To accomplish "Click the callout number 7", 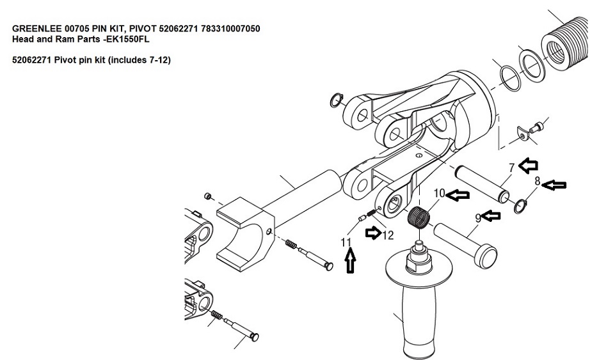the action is coord(511,168).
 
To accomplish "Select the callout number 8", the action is coord(538,182).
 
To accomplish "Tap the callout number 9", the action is coord(478,218).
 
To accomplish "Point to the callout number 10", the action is coord(440,193).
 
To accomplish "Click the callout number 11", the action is coord(346,242).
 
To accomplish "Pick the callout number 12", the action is coord(388,235).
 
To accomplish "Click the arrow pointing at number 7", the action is coord(529,165).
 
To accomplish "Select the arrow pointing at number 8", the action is coord(555,185).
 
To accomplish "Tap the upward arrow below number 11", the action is coord(350,261).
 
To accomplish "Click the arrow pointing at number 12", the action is coord(373,233).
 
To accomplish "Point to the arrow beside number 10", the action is coord(458,195).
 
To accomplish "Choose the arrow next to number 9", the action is coord(491,215).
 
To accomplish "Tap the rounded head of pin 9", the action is coord(486,256).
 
